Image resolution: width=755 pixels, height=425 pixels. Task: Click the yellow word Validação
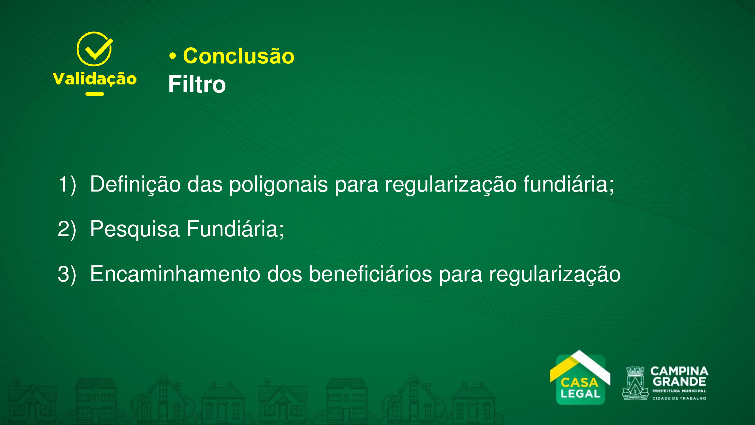point(94,79)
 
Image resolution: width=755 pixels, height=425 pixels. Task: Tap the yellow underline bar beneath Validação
point(94,94)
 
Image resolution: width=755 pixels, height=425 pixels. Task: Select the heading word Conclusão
point(239,56)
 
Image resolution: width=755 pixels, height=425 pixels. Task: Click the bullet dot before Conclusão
point(173,56)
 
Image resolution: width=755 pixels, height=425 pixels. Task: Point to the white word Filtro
point(197,84)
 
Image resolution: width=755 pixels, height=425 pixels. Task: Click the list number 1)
point(67,184)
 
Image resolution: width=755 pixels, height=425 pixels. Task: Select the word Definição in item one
point(135,184)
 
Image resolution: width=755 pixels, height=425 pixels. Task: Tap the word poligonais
point(279,184)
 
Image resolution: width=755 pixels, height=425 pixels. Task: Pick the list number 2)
point(67,229)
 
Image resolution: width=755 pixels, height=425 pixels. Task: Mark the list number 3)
point(67,274)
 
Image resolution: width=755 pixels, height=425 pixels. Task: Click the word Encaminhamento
point(175,274)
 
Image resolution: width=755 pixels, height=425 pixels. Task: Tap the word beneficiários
point(371,274)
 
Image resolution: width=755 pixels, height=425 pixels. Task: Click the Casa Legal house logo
point(580,378)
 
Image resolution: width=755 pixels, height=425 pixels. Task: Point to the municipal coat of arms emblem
point(635,383)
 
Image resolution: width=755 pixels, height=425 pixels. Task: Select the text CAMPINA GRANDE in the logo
point(679,377)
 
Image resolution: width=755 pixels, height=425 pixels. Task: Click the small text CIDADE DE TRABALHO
point(679,398)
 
